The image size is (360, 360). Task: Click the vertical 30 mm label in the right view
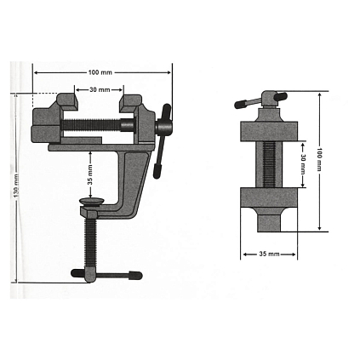(303, 164)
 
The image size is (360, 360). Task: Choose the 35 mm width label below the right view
(269, 254)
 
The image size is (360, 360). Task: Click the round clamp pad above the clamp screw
(92, 202)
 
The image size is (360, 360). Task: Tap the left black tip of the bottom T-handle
(77, 273)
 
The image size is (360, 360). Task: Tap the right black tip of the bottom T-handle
(135, 275)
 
